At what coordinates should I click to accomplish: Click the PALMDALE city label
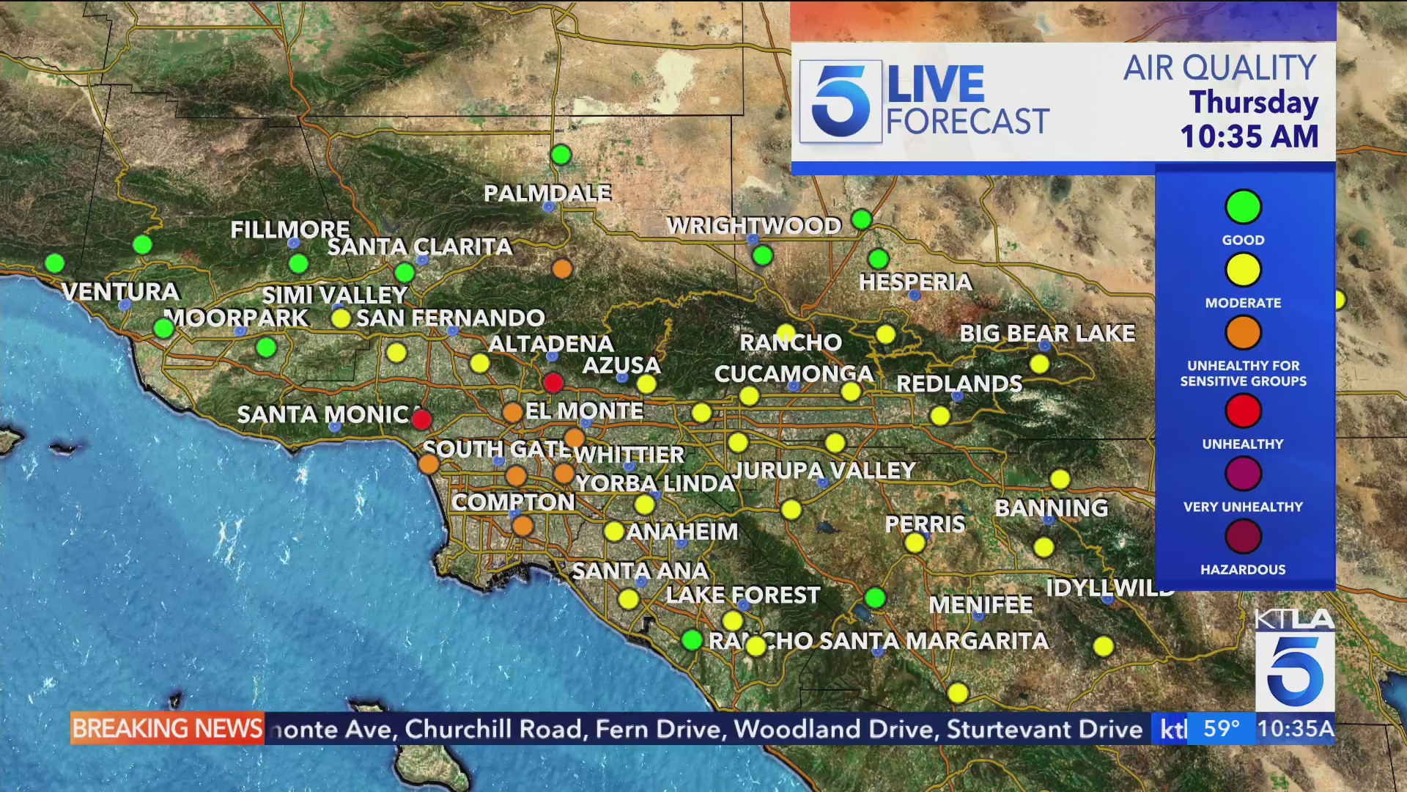pos(547,194)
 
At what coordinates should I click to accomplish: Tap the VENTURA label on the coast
pos(121,292)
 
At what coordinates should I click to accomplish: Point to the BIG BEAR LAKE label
pos(1047,334)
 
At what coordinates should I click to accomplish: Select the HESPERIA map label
pos(915,282)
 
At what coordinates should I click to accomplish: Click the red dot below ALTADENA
pos(553,383)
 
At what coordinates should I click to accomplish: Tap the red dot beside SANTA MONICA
pos(421,419)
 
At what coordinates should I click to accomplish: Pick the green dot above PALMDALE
pos(561,155)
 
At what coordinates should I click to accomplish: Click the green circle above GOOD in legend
pos(1243,207)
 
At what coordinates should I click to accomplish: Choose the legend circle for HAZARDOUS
pos(1243,537)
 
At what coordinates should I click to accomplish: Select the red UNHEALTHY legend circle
pos(1243,411)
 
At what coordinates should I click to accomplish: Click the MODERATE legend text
pos(1243,303)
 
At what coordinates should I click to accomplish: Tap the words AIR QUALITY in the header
pos(1220,68)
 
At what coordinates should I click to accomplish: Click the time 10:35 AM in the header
pos(1249,137)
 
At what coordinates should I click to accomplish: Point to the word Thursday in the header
pos(1254,103)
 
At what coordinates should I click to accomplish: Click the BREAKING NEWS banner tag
pos(167,728)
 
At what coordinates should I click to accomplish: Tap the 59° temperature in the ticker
pos(1222,729)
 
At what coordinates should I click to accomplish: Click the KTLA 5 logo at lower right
pos(1295,660)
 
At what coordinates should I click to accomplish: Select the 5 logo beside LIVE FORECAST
pos(840,101)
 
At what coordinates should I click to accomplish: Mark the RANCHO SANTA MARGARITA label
pos(879,641)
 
